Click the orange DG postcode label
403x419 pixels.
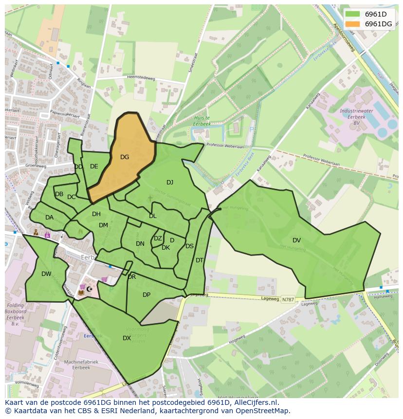[125, 157]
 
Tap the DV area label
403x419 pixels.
[296, 240]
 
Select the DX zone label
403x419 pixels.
[127, 338]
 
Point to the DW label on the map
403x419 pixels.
[46, 274]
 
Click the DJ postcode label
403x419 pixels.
[170, 182]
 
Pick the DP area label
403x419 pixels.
[147, 294]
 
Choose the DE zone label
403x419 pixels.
[94, 166]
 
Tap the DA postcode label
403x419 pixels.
[49, 218]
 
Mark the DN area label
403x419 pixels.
[140, 244]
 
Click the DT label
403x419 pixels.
[199, 260]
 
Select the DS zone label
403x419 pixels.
[189, 246]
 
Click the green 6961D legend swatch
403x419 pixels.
[353, 14]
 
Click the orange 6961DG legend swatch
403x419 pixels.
[353, 24]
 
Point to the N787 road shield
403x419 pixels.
[288, 300]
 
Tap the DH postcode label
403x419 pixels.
[96, 214]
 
